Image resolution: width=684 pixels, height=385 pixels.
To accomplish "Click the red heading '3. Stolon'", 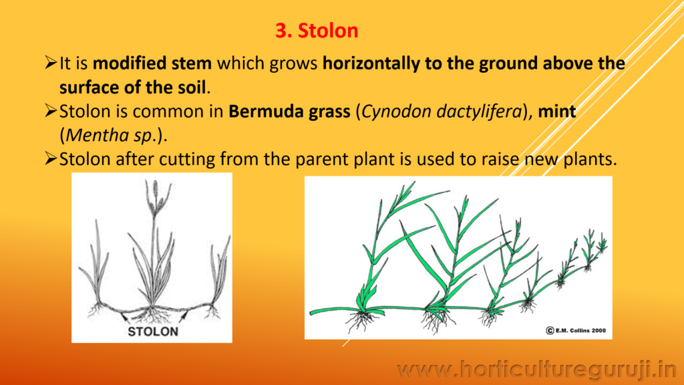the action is pyautogui.click(x=317, y=31).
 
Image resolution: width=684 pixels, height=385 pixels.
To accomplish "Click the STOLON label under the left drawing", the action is pyautogui.click(x=153, y=332).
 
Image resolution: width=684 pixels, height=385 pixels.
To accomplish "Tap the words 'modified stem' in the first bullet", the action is pyautogui.click(x=152, y=63).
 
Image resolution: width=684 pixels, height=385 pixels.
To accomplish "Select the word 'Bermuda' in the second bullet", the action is pyautogui.click(x=267, y=112).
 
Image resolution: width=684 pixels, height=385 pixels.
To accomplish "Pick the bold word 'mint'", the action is pyautogui.click(x=556, y=112).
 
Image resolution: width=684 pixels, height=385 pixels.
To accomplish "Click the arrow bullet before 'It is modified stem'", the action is pyautogui.click(x=51, y=63).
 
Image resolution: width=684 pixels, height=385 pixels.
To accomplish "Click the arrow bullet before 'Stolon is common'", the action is pyautogui.click(x=51, y=111).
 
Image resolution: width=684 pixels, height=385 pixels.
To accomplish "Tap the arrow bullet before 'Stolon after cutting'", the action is pyautogui.click(x=51, y=158).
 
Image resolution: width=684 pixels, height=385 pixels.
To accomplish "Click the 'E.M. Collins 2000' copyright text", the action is pyautogui.click(x=576, y=330).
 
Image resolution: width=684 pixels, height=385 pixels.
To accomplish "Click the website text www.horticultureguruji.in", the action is pyautogui.click(x=536, y=370).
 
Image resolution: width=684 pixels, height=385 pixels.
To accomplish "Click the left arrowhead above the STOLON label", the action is pyautogui.click(x=124, y=316).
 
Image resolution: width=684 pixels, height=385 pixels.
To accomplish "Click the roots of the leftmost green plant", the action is pyautogui.click(x=361, y=321).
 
